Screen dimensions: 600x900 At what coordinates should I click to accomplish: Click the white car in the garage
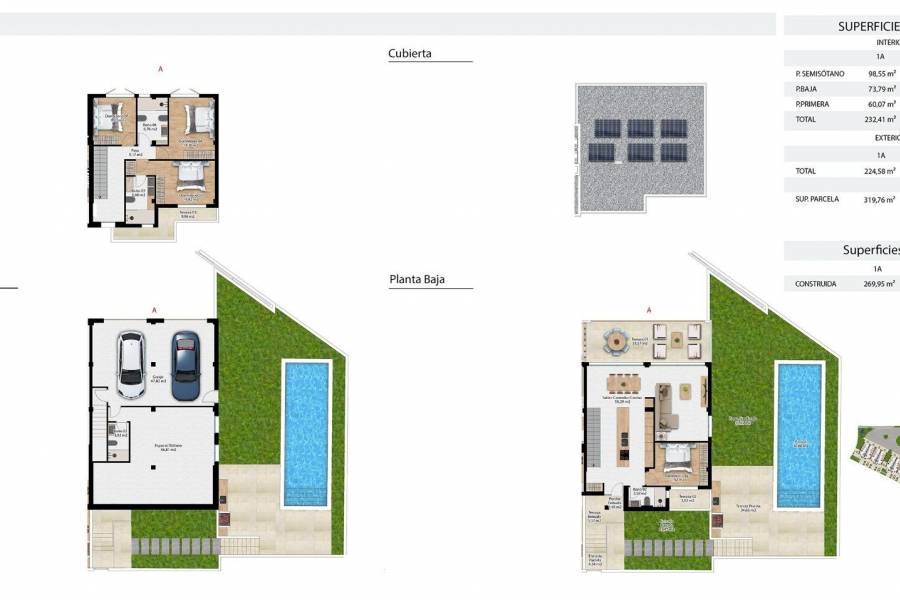pos(131,365)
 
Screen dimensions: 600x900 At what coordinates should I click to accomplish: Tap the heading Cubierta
pos(410,53)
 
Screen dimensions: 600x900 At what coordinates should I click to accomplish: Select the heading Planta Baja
pos(416,281)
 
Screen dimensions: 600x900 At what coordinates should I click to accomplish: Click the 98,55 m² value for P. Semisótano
pos(880,74)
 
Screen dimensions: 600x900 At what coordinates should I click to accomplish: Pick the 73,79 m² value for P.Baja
pos(881,89)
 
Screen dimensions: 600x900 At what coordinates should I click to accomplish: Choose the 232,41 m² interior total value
pos(880,119)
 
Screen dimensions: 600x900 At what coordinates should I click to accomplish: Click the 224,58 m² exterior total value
pos(880,171)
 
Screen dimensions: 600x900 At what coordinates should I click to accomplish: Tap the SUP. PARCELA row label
pos(817,199)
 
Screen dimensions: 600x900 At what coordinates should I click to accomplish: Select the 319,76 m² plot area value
pos(880,199)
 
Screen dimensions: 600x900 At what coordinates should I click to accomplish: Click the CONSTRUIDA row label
pos(815,284)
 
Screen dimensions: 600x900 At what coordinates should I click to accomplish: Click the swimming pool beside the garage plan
pos(306,432)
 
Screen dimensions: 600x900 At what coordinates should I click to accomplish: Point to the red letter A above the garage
pos(154,310)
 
